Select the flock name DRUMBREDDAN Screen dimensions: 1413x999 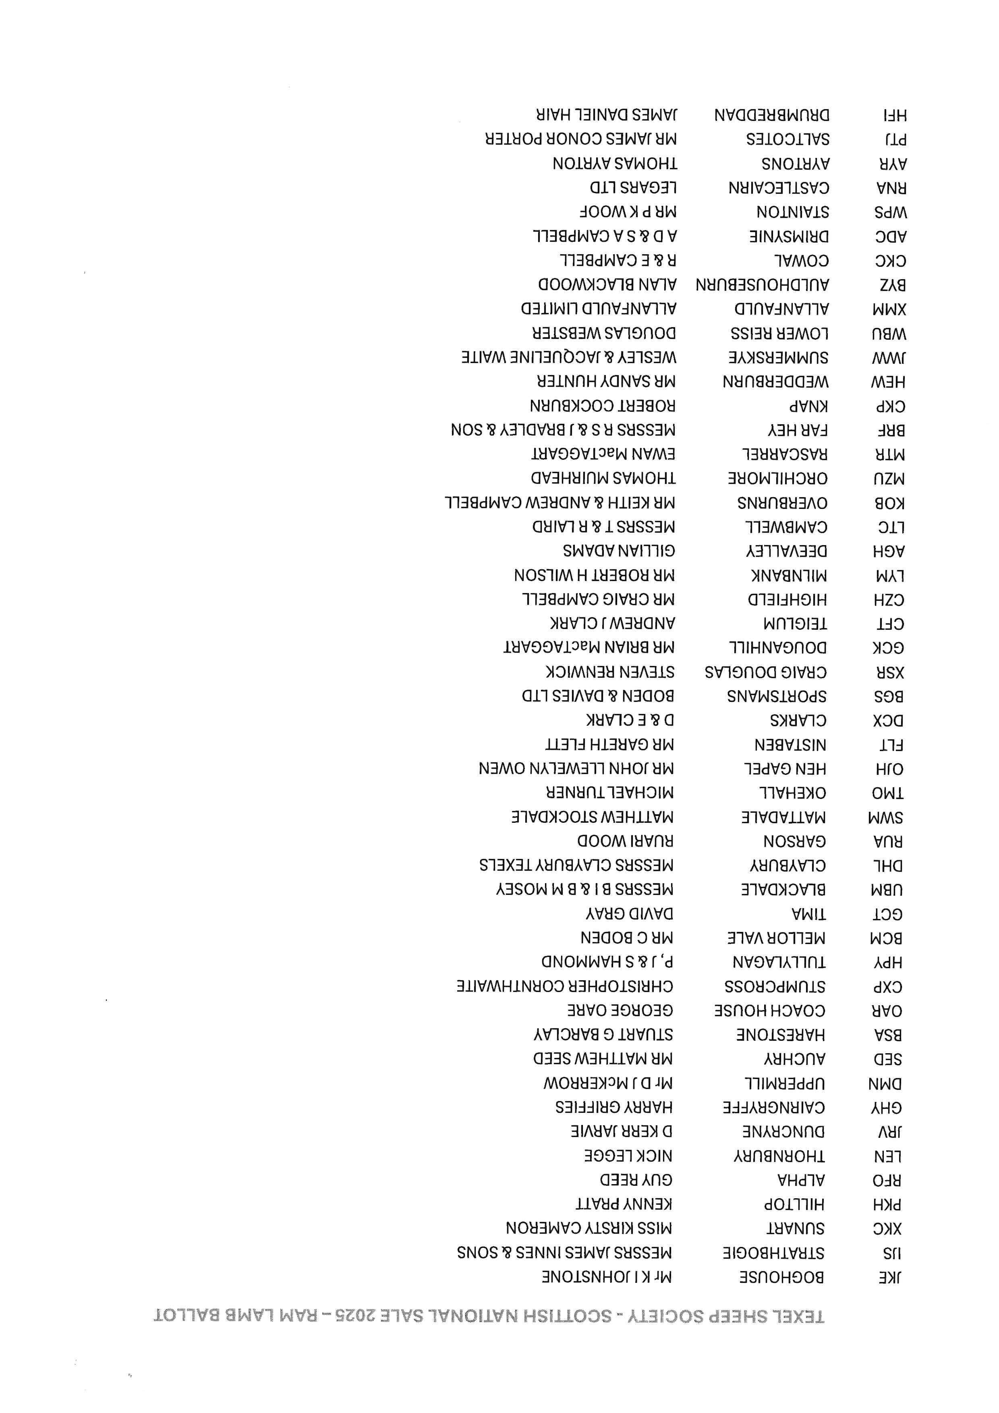tap(771, 115)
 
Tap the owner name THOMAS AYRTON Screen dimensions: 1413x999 tap(615, 164)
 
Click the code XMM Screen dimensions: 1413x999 tap(889, 309)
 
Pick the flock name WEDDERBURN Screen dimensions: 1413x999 tap(776, 382)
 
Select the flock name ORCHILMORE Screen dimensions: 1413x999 tap(777, 479)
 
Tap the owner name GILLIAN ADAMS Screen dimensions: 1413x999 tap(619, 551)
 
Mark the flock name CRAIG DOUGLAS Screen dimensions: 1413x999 tap(765, 672)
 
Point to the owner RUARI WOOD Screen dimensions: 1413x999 tap(625, 841)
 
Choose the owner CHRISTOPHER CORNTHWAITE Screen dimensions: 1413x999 tap(565, 986)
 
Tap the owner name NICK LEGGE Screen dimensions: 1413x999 tap(628, 1156)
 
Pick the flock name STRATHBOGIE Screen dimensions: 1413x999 tap(773, 1253)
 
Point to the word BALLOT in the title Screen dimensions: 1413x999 tap(196, 1316)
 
